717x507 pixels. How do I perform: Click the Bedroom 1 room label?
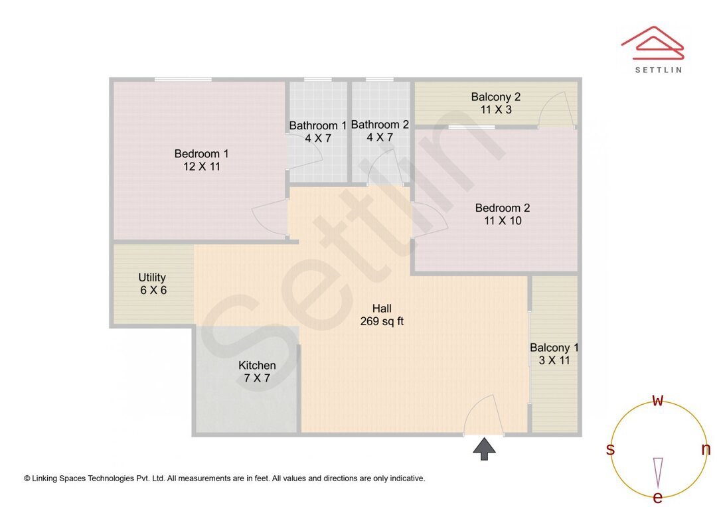point(197,153)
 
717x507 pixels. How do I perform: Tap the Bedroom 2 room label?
point(502,208)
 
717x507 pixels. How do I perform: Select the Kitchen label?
point(257,366)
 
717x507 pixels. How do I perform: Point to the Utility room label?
point(152,277)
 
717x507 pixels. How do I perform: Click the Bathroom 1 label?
point(317,125)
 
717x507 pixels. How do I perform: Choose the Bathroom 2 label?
point(380,124)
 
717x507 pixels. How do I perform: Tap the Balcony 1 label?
point(554,348)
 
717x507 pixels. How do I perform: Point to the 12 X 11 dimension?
point(197,167)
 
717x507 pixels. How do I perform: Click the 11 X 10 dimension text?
point(502,221)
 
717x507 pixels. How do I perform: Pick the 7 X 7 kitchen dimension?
point(257,379)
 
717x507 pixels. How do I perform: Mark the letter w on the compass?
point(657,401)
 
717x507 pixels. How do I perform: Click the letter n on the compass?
point(706,449)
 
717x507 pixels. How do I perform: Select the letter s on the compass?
point(610,450)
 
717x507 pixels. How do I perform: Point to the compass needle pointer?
point(658,471)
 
